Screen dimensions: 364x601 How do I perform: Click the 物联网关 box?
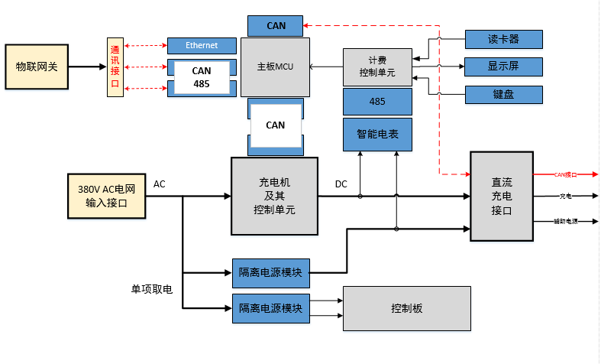[x=37, y=67]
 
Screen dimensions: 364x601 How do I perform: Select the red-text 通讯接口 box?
[x=115, y=67]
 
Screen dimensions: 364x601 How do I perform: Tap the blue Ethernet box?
[x=202, y=46]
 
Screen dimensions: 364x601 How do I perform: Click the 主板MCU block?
[x=275, y=67]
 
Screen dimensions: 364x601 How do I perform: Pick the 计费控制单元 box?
[x=377, y=67]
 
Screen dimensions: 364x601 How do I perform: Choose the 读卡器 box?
[x=503, y=39]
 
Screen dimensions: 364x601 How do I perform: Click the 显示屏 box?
[x=503, y=67]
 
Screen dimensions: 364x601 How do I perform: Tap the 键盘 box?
[x=503, y=95]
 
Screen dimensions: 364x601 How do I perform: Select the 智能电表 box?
[x=377, y=134]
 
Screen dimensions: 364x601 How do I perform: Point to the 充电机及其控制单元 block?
[x=274, y=196]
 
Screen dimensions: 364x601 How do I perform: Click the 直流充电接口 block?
[x=501, y=196]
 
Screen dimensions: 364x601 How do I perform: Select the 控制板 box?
[x=406, y=309]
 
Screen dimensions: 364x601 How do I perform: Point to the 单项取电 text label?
[x=152, y=289]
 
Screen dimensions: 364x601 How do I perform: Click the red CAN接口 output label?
[x=565, y=174]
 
